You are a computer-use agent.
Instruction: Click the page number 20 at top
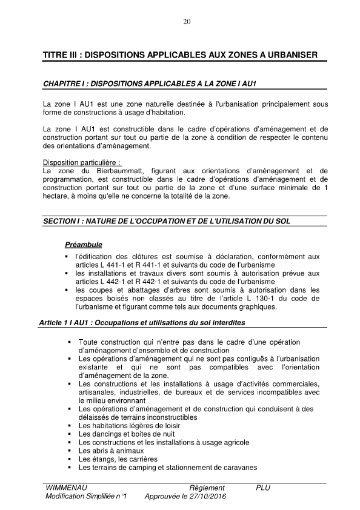click(187, 22)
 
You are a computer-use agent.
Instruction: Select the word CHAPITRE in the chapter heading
click(60, 82)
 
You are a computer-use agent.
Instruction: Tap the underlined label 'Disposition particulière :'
click(82, 163)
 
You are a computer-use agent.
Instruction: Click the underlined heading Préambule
click(83, 245)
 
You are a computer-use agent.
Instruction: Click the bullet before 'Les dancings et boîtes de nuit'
click(71, 434)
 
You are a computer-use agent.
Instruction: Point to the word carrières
click(138, 459)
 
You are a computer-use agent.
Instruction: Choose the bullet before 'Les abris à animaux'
click(71, 451)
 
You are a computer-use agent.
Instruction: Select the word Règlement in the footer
click(207, 488)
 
